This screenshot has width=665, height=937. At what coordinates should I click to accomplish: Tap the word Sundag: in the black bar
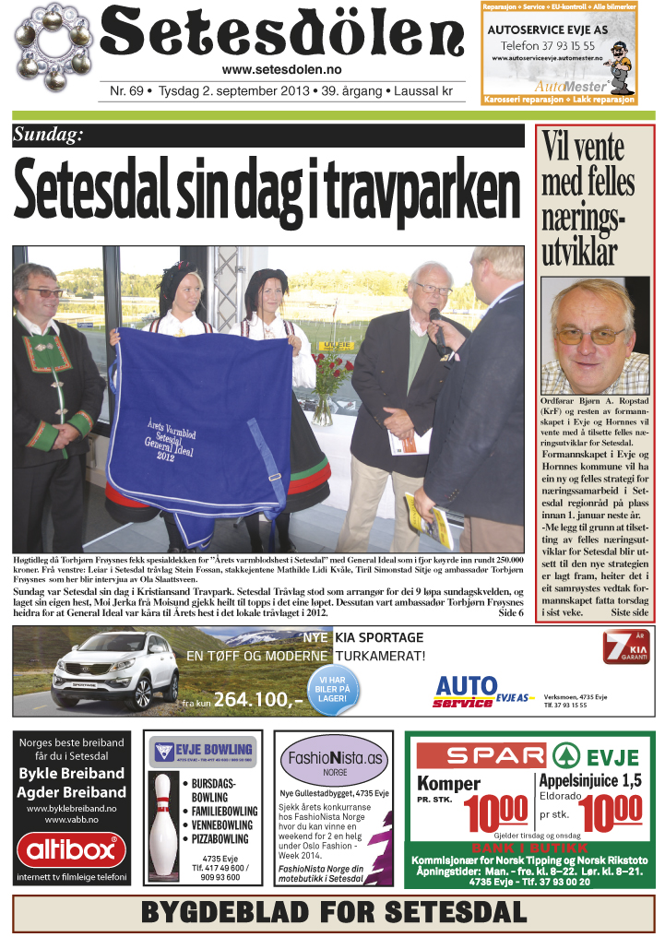(x=48, y=136)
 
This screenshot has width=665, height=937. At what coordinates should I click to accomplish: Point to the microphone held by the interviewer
(x=437, y=327)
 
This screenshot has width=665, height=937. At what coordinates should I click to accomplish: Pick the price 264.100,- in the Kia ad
(x=257, y=700)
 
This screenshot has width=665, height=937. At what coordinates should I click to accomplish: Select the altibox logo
(x=71, y=848)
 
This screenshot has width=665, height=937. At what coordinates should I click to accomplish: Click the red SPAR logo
(x=481, y=757)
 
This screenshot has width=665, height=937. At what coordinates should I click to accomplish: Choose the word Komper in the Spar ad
(x=449, y=784)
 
